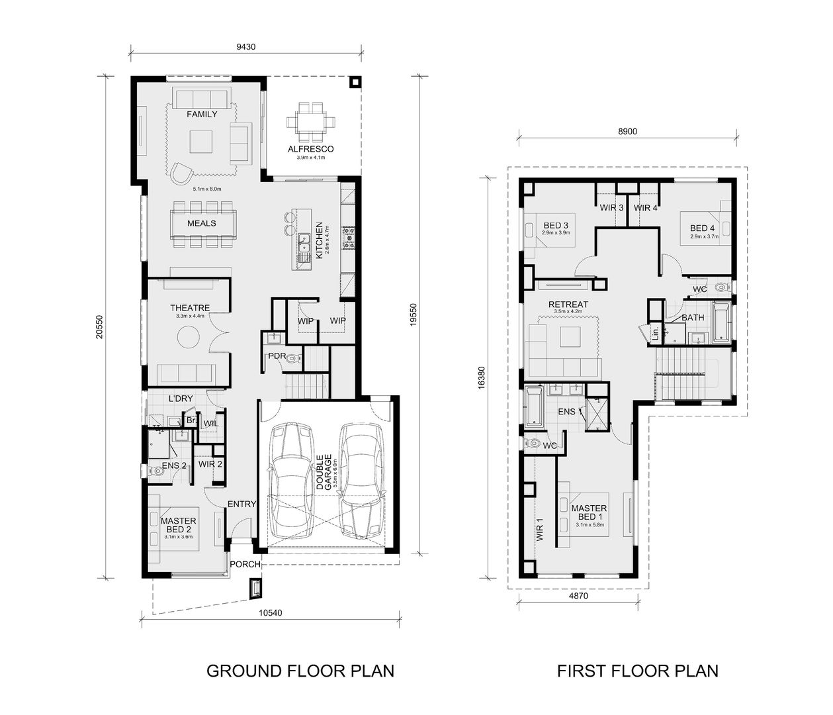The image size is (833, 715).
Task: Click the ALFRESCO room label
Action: [x=310, y=149]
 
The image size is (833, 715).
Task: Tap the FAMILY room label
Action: [x=202, y=114]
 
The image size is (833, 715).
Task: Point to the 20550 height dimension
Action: [x=98, y=326]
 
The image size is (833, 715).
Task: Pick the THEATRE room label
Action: [x=190, y=308]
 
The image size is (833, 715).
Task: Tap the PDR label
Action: [x=276, y=356]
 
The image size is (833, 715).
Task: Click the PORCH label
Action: [x=244, y=565]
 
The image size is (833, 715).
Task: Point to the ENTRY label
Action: [x=241, y=504]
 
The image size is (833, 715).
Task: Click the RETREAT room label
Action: [x=568, y=305]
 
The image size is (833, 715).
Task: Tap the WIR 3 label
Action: [x=612, y=207]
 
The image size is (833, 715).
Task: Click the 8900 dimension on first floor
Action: [x=627, y=131]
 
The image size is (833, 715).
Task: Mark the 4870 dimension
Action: [x=578, y=596]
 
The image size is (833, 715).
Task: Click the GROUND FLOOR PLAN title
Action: [x=300, y=671]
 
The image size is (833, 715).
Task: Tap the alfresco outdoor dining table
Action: [x=310, y=122]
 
